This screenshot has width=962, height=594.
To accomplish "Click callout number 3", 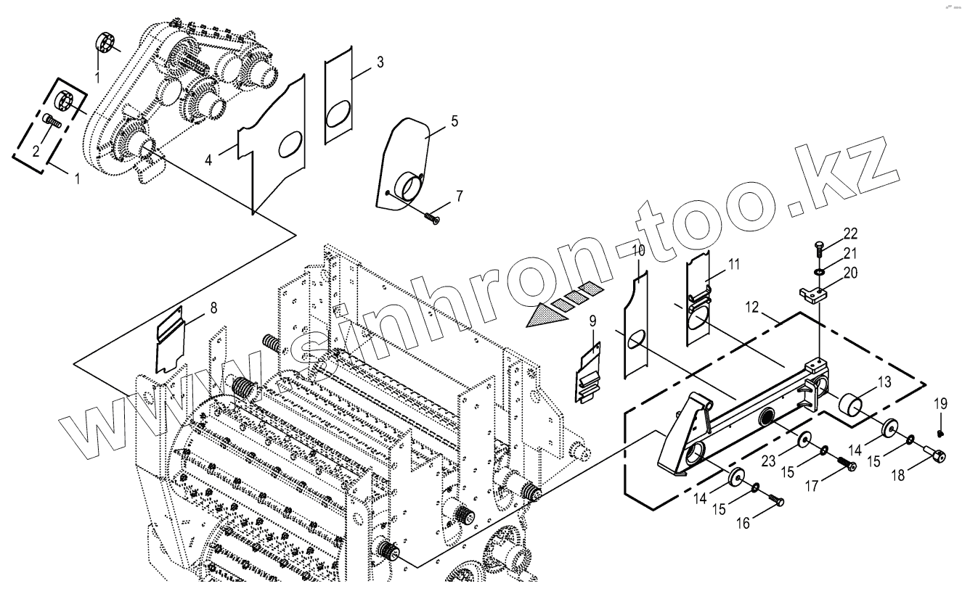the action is pos(380,62).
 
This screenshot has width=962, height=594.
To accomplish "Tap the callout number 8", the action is pos(213,308).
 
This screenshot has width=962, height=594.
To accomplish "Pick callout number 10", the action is pos(638,252).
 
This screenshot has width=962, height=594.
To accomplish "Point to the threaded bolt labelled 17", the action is pos(844,462).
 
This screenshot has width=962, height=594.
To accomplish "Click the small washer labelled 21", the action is pos(818,271).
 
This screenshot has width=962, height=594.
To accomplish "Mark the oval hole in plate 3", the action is pos(339,115).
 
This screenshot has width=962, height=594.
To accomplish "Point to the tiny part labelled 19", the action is pos(939,433).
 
